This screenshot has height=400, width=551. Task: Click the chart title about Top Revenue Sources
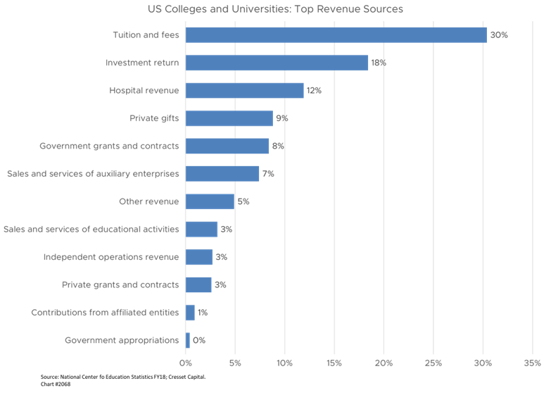point(275,9)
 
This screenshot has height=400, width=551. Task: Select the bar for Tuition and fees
point(336,35)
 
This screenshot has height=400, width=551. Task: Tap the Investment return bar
point(277,63)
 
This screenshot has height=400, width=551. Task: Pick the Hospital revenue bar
point(244,90)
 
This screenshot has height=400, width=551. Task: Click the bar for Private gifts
point(229,118)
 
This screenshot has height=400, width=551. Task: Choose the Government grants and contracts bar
point(227,146)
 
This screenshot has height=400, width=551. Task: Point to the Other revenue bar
point(210,201)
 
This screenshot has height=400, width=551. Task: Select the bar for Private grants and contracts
point(198,285)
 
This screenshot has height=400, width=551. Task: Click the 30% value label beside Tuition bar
point(499,35)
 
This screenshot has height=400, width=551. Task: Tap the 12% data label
point(314,90)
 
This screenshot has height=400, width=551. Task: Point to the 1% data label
point(203,313)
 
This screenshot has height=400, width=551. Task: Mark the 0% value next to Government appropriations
point(198,340)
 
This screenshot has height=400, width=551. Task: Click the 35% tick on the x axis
point(532,363)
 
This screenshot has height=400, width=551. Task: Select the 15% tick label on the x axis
point(334,363)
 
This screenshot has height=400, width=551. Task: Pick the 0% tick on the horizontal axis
point(186,363)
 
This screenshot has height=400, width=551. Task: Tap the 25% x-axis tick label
point(433,363)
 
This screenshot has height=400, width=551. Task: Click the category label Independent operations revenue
point(111,257)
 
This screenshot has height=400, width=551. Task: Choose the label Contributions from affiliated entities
point(105,313)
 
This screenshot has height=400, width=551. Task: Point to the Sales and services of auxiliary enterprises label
point(92,173)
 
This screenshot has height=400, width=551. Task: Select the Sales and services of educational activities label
point(91,229)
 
